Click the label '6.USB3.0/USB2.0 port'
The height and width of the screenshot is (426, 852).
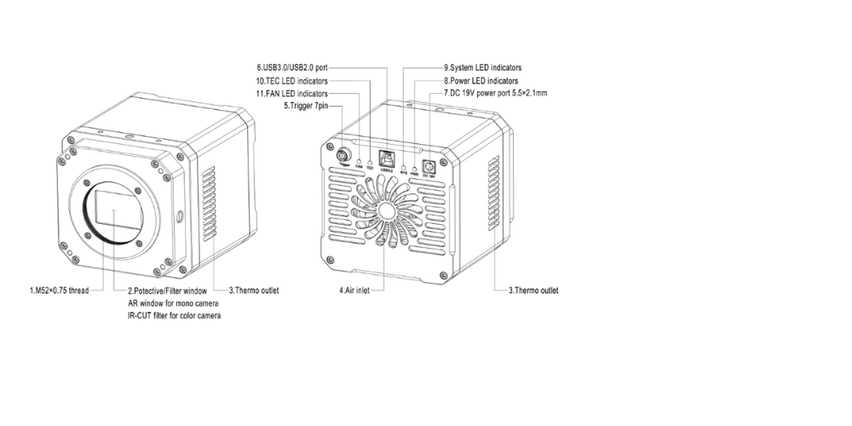pos(291,66)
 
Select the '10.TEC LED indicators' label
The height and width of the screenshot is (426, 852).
pos(290,80)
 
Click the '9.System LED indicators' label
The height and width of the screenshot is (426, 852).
pos(483,66)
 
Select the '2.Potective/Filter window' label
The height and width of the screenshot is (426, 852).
pos(167,291)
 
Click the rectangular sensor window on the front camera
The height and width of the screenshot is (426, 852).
pos(119,213)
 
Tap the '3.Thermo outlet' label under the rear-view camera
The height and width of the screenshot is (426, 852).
pos(533,291)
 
